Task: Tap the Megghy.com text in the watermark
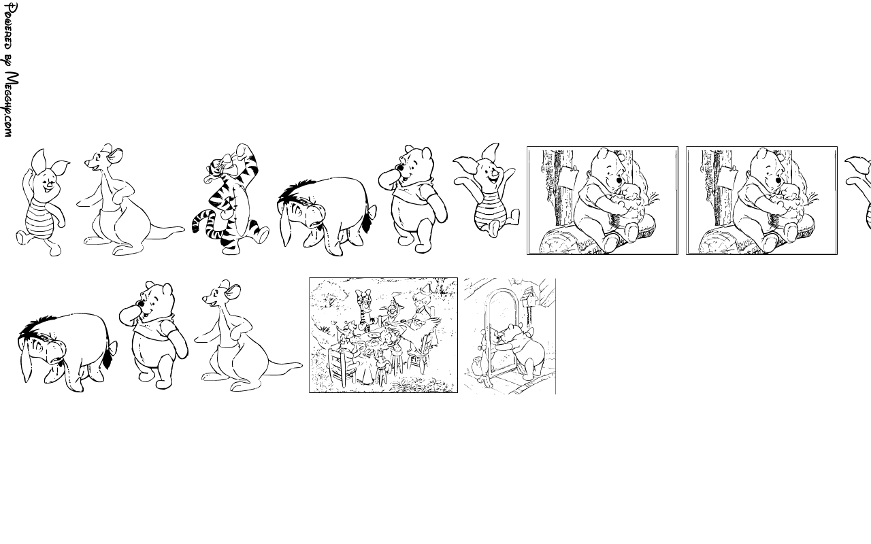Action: (11, 105)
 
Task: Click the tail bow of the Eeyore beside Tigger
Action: (372, 212)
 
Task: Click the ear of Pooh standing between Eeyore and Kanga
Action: (167, 289)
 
